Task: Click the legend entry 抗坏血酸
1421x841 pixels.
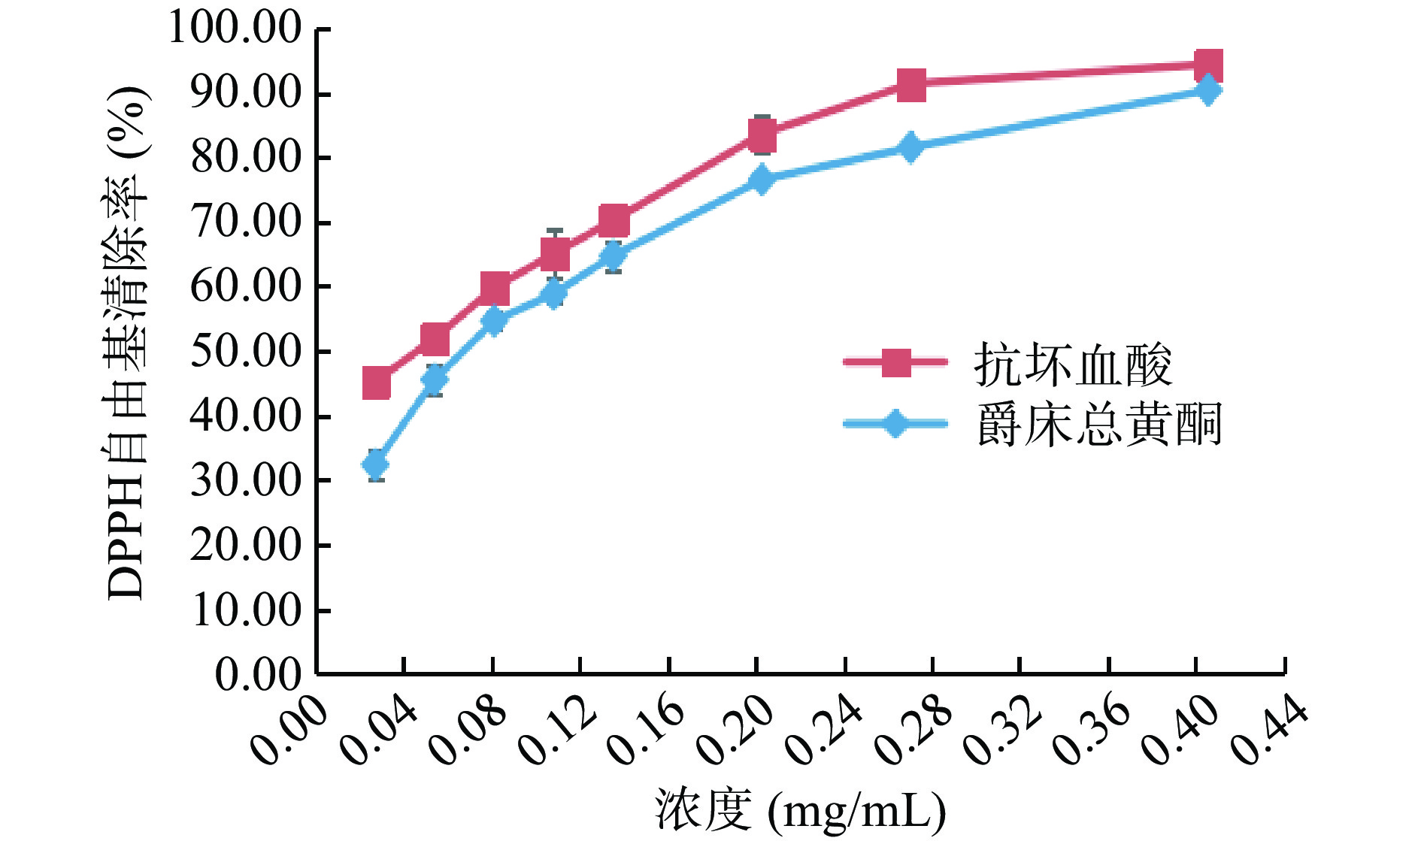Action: [x=1072, y=365]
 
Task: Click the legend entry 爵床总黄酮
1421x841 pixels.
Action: [x=1098, y=425]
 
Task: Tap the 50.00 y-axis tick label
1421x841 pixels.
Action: [x=245, y=352]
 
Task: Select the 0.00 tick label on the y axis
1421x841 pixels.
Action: [x=258, y=675]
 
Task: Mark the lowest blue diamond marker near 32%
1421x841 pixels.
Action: [x=376, y=464]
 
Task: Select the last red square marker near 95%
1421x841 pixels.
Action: [x=1208, y=65]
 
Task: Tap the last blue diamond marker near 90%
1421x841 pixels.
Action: [x=1208, y=90]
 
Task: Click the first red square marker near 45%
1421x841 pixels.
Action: [x=376, y=383]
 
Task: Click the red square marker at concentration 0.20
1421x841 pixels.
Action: [x=762, y=136]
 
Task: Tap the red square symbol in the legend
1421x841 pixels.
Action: [x=895, y=362]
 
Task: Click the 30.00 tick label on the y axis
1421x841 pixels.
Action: [x=245, y=481]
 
